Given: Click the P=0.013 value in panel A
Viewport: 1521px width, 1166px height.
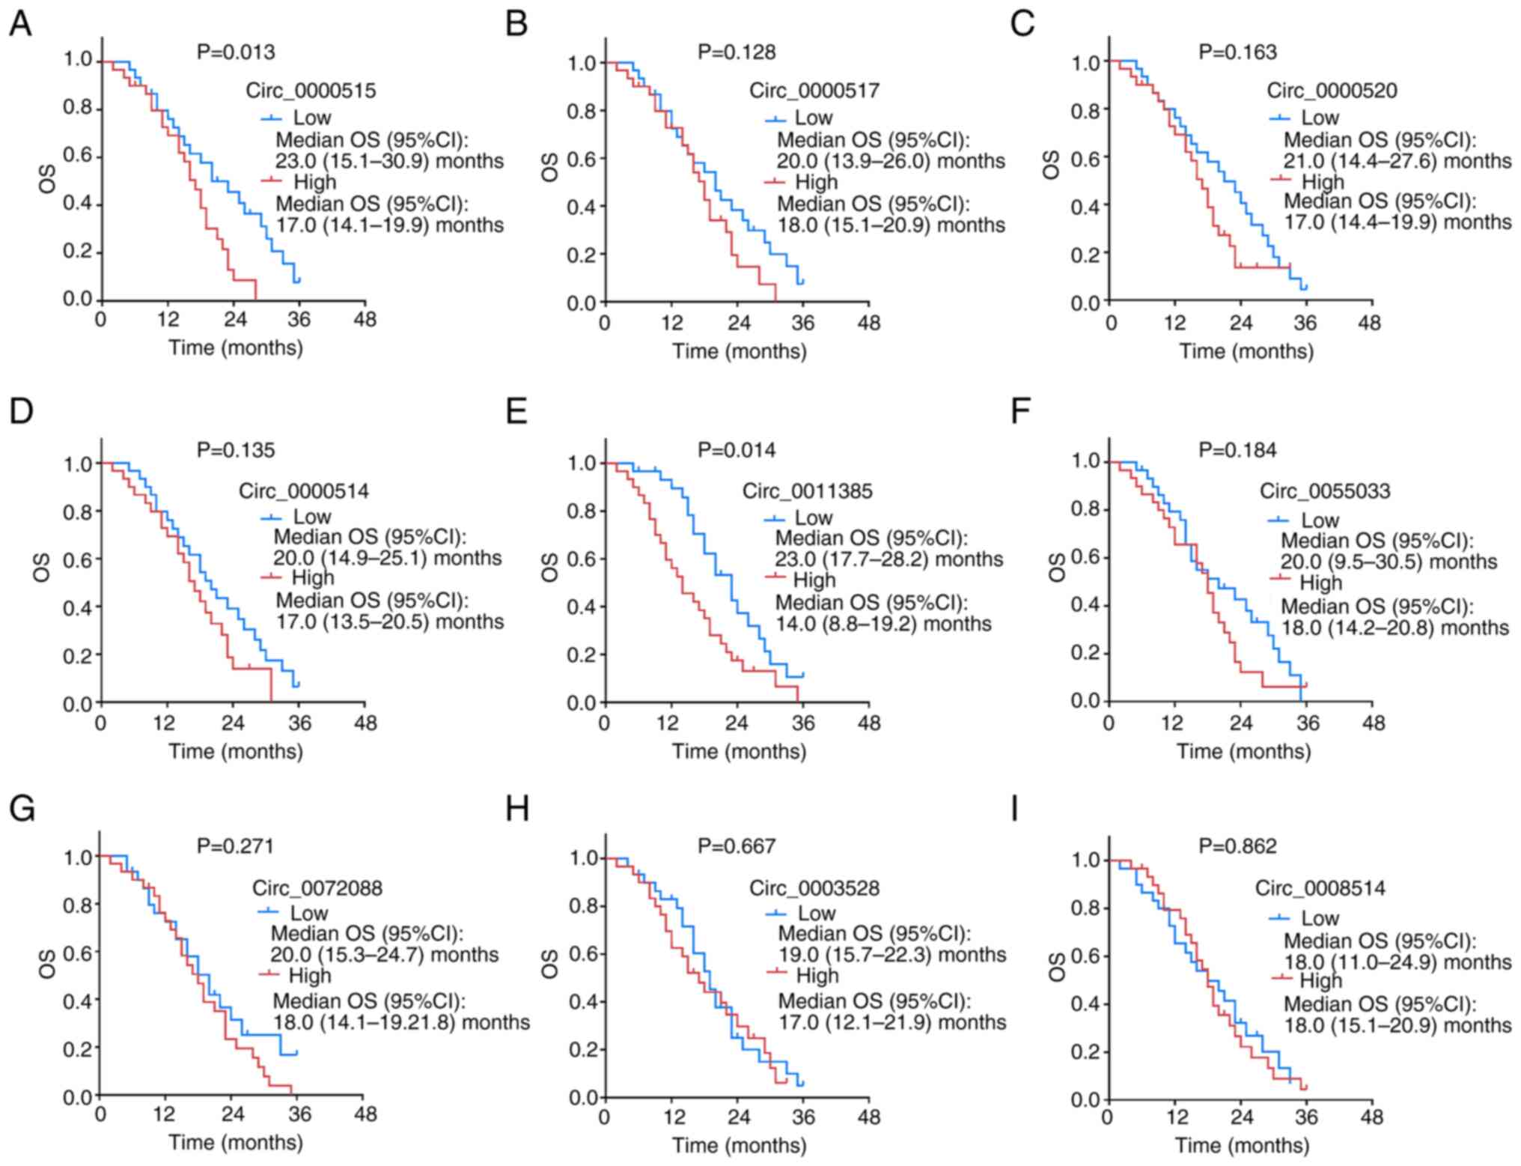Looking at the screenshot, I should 236,52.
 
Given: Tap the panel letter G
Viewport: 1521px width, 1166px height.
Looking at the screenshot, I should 22,810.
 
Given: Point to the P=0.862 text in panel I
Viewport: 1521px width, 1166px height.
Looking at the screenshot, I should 1237,846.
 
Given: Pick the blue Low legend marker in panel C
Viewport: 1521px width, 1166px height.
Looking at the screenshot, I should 1280,118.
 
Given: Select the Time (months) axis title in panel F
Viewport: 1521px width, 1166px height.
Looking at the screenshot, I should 1243,751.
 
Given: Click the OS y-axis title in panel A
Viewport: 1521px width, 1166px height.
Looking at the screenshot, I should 47,180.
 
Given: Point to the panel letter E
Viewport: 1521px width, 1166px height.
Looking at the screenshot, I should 516,411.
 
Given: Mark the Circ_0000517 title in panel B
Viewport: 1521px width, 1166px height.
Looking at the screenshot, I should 814,91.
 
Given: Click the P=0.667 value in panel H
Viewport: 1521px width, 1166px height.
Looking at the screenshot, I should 737,846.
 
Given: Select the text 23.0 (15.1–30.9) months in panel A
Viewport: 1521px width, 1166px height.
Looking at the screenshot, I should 389,161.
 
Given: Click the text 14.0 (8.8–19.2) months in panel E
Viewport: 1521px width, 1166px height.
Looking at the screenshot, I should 883,624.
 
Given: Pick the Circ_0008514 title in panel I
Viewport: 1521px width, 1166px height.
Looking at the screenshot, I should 1320,888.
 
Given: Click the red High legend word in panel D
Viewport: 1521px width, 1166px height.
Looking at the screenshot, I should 313,577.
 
